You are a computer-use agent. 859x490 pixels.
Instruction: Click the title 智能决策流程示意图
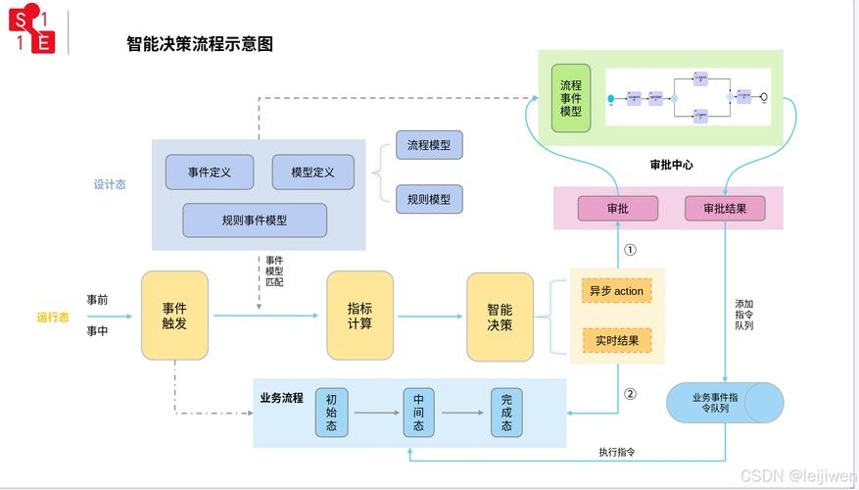tap(199, 44)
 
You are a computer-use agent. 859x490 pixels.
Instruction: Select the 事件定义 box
tap(210, 172)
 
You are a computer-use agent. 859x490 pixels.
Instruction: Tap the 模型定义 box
tap(312, 172)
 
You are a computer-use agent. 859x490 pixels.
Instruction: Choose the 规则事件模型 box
tap(255, 220)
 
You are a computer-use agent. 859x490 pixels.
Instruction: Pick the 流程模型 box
tap(429, 145)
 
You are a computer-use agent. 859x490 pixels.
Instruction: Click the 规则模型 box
tap(429, 199)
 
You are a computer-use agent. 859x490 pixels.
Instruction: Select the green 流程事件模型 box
tap(571, 99)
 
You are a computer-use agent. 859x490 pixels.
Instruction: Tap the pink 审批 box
tap(617, 209)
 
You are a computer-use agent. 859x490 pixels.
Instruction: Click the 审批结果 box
tap(724, 209)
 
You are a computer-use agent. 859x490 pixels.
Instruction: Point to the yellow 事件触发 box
tap(174, 316)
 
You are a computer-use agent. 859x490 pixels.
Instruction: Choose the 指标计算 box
tap(359, 316)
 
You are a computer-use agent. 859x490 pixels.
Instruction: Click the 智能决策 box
tap(500, 316)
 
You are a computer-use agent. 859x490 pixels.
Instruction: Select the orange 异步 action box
tap(617, 291)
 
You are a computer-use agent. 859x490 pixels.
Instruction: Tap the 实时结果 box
tap(617, 341)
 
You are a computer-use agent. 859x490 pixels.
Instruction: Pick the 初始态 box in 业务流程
tap(332, 413)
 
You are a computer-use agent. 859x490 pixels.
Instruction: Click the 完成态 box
tap(506, 413)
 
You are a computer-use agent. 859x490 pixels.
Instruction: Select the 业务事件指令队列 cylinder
tap(724, 403)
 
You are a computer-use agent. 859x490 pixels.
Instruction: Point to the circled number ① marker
tap(630, 250)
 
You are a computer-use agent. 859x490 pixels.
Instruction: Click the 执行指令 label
tap(617, 452)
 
